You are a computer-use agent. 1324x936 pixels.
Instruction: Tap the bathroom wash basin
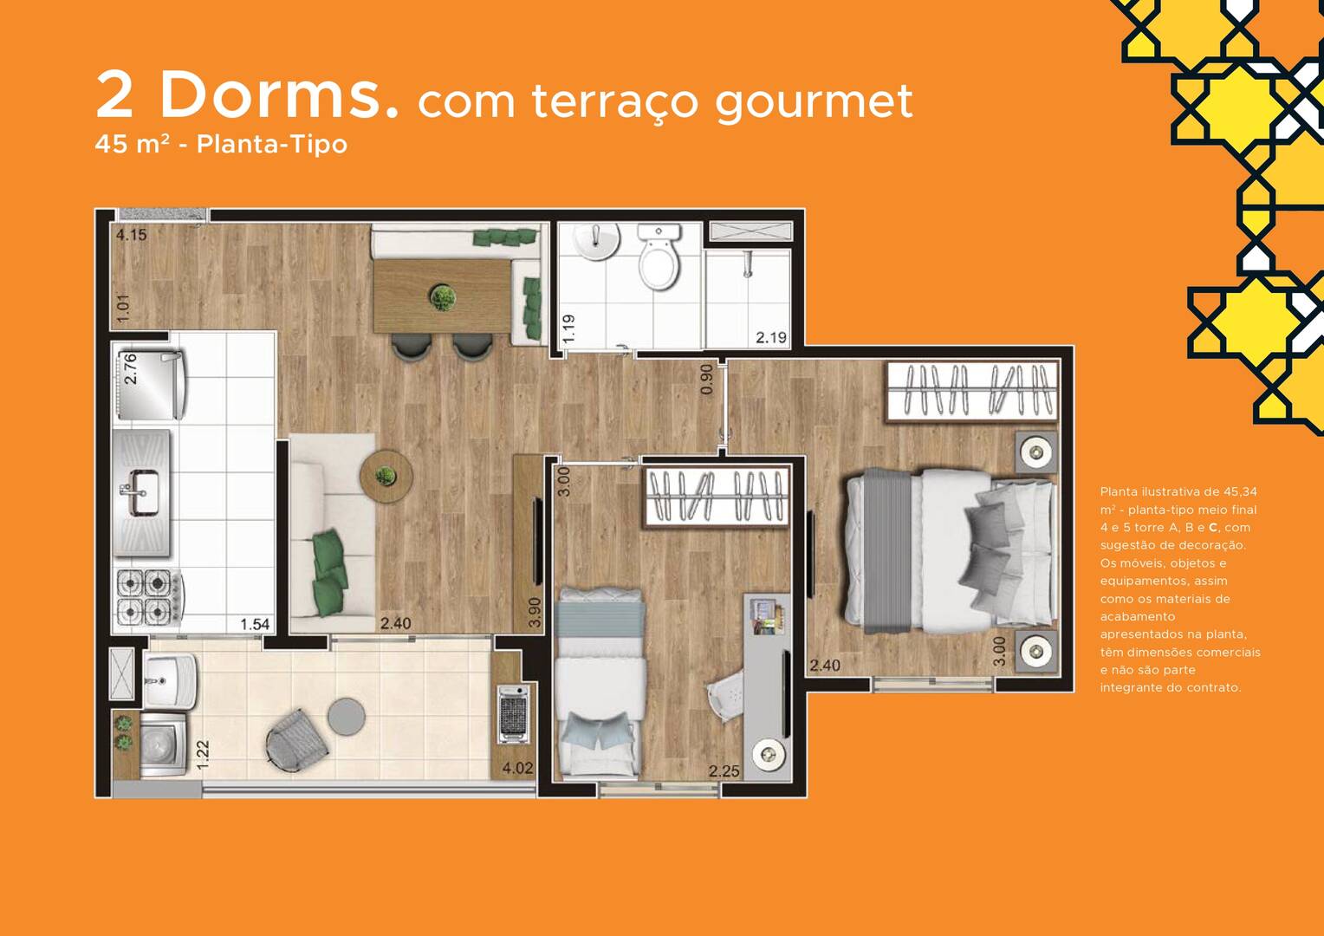tap(598, 241)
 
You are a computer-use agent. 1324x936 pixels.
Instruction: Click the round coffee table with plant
tap(386, 477)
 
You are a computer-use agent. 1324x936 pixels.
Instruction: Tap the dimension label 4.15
tap(131, 236)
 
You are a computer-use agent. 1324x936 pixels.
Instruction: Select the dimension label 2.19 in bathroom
tap(771, 338)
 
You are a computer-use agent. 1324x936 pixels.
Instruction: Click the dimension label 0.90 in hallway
tap(706, 379)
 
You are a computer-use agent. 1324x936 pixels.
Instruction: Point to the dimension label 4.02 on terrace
tap(517, 768)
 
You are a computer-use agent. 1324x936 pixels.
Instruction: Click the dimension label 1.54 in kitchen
tap(255, 624)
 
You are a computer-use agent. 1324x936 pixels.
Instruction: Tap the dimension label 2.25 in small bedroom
tap(724, 771)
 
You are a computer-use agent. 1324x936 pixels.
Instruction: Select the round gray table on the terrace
tap(347, 718)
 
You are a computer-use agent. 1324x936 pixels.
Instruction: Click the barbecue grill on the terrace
tap(513, 713)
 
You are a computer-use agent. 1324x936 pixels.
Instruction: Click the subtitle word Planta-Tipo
tap(272, 144)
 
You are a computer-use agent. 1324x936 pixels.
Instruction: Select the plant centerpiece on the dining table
tap(442, 296)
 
